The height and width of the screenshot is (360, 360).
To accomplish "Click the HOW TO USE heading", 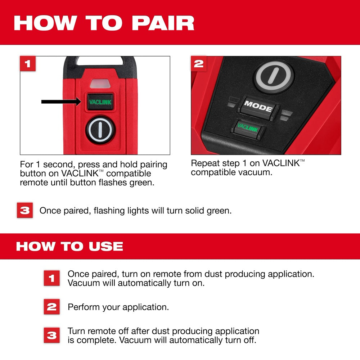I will pos(69,246).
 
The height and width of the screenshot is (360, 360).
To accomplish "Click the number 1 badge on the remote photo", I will pos(28,64).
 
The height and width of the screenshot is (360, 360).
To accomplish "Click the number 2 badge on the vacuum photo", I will pos(199,64).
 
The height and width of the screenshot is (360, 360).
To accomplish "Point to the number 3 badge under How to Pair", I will pos(24,211).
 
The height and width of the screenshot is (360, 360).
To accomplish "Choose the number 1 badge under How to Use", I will pos(52,278).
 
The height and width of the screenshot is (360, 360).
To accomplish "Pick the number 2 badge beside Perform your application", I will pos(52,307).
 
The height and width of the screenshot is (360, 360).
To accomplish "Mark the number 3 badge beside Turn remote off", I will pos(52,336).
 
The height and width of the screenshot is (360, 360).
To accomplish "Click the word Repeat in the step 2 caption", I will pos(202,163).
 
